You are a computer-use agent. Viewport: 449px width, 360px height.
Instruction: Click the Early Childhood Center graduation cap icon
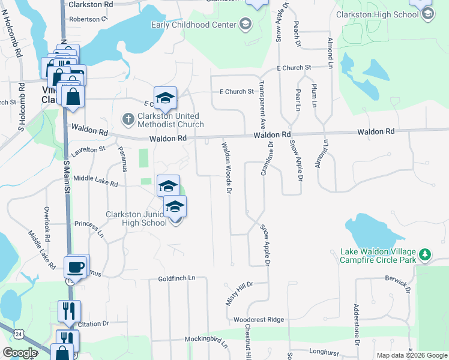(245, 24)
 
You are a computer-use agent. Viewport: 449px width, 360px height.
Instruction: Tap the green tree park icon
(425, 255)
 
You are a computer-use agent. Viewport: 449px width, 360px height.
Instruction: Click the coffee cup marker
(76, 265)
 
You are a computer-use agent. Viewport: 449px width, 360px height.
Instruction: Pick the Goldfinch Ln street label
(177, 278)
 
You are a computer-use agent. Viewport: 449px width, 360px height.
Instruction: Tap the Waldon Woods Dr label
(226, 168)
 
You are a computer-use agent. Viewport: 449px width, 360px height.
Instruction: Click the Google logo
(20, 353)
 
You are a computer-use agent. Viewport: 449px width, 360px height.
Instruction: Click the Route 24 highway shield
(20, 333)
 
